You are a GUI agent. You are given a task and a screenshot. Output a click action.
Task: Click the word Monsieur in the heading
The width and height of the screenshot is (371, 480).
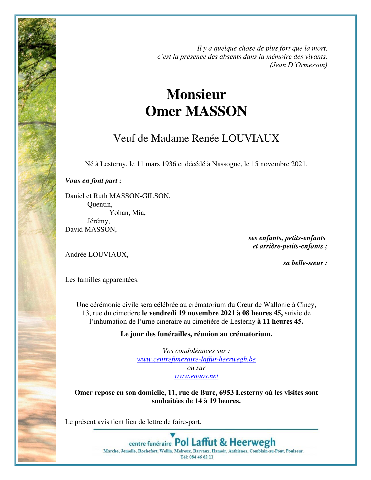coord(196,95)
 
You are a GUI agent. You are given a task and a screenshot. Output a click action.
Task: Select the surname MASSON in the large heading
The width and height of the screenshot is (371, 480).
coord(216,111)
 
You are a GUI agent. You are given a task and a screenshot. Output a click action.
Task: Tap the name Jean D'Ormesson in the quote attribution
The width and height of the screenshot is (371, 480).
coord(299,65)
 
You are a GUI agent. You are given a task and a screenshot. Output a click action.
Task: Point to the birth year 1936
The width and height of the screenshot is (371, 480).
coord(169,164)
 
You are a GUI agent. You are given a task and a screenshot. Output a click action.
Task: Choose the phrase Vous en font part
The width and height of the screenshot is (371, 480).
coord(93,181)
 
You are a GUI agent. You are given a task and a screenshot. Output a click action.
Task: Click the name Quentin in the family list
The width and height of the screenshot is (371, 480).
coord(100,204)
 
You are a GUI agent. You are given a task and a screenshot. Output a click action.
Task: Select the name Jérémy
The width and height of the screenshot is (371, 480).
coord(99,221)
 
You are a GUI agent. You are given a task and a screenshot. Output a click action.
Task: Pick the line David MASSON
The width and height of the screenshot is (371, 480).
coord(91,229)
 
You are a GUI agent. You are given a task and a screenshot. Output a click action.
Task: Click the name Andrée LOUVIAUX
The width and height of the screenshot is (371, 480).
coord(97,254)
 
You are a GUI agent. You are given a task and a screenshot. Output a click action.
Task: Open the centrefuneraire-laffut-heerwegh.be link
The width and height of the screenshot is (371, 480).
coord(196,359)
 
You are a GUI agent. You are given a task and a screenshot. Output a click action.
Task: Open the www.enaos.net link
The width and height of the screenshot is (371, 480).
coord(196,376)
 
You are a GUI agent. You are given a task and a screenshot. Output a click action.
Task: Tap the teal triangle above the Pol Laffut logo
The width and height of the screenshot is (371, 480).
coord(173,435)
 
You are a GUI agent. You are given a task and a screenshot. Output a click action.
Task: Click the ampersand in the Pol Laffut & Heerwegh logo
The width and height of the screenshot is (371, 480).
coord(223,442)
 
